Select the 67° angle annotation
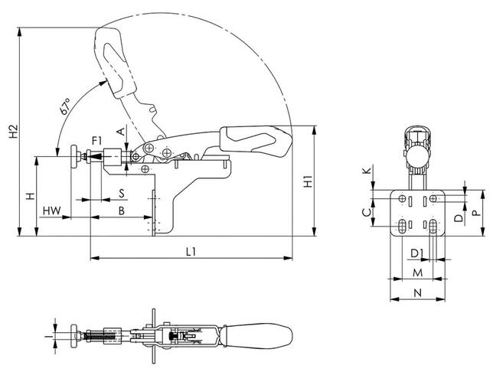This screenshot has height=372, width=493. [67, 108]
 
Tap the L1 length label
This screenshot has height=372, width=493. [191, 251]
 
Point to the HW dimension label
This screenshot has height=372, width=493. [51, 210]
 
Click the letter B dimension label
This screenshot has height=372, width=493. [121, 210]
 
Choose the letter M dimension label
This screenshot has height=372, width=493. [417, 271]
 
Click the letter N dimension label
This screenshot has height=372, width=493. [417, 293]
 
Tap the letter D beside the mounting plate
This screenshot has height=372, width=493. [458, 218]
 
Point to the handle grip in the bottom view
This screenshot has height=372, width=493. [256, 336]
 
